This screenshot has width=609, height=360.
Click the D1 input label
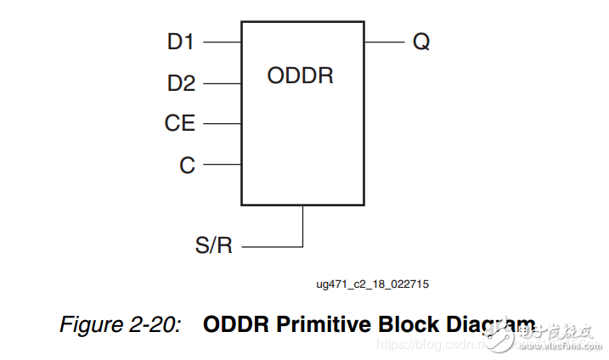pos(181,42)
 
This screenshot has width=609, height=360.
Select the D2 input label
pos(181,83)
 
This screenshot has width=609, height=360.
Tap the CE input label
pos(180,124)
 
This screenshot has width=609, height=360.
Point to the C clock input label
pos(187,166)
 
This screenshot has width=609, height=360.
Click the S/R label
pos(213,246)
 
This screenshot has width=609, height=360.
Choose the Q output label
pos(421,42)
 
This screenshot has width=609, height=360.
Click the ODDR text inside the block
pos(300,76)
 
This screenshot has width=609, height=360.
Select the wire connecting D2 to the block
pos(223,83)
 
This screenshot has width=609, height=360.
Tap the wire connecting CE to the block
pos(223,124)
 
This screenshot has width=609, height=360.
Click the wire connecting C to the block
pos(223,165)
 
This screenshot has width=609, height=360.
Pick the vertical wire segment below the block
pos(303,225)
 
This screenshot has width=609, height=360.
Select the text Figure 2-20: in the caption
pos(120,325)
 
